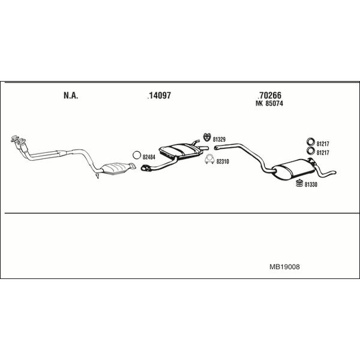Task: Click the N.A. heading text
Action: pos(71,95)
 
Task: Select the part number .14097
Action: pos(160,95)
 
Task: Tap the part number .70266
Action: pos(269,95)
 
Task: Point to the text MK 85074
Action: pos(269,103)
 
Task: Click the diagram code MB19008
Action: pos(284,267)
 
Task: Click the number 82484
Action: pos(149,157)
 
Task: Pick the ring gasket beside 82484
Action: pos(137,155)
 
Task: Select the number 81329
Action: pos(219,139)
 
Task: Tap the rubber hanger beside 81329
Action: pos(208,137)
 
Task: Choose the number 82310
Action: pos(223,161)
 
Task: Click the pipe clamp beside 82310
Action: pos(209,160)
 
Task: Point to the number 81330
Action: pos(311,185)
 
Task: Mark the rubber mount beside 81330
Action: pos(299,183)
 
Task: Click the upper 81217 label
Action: pos(323,144)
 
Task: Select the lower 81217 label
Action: pos(323,152)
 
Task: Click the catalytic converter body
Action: pos(116,169)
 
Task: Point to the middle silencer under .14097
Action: pos(180,151)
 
